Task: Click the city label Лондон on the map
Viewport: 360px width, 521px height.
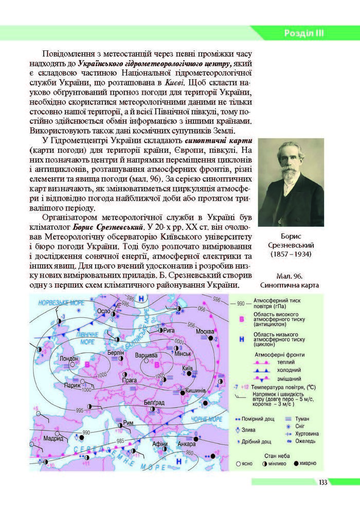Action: pos(68,358)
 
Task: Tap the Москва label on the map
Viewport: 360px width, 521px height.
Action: pos(206,331)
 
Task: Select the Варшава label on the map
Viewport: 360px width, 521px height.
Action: pos(146,355)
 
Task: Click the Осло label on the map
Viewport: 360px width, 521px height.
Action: pos(104,312)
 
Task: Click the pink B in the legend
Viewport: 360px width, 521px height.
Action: pos(241,319)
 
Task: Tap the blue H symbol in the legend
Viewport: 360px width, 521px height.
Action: pos(241,337)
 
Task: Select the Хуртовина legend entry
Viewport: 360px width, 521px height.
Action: pos(307,434)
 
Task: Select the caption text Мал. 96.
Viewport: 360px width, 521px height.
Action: pos(291,276)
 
